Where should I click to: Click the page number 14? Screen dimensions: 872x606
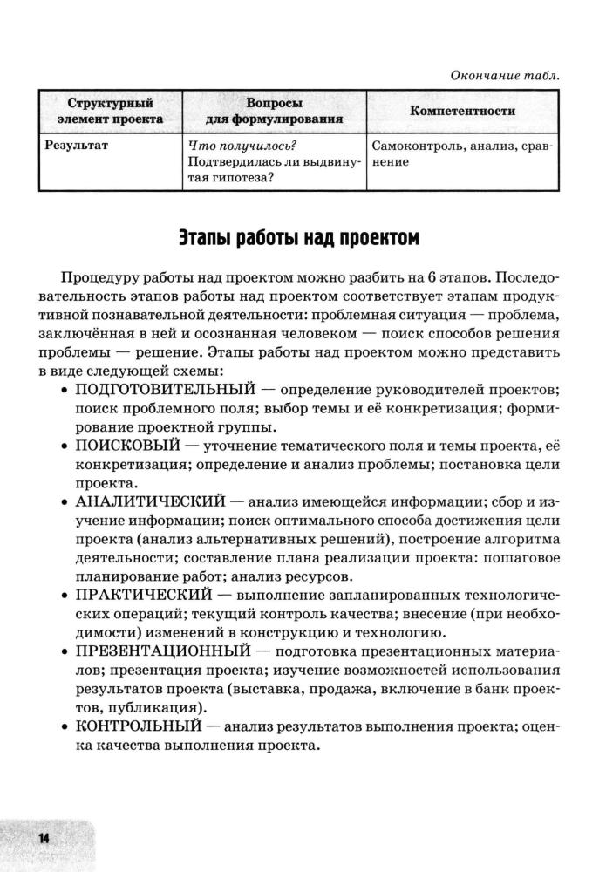[41, 837]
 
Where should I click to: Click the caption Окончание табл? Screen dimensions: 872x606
[505, 76]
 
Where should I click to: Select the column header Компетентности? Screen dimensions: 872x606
[462, 112]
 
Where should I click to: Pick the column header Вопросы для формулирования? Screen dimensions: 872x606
[274, 111]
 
